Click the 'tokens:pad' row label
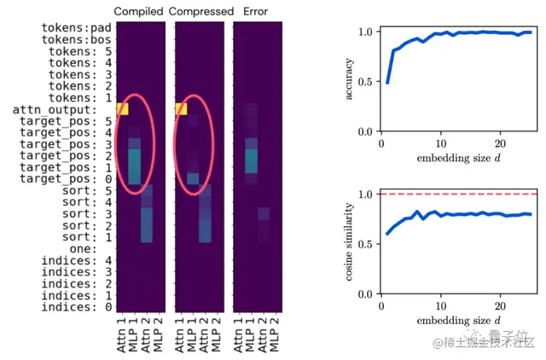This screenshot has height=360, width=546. [x=76, y=28]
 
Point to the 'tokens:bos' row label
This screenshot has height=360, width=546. [x=76, y=40]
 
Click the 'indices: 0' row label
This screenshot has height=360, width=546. [x=76, y=306]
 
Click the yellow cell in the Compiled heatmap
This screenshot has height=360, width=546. [x=123, y=109]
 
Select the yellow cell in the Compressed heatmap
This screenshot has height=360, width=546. [x=181, y=109]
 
